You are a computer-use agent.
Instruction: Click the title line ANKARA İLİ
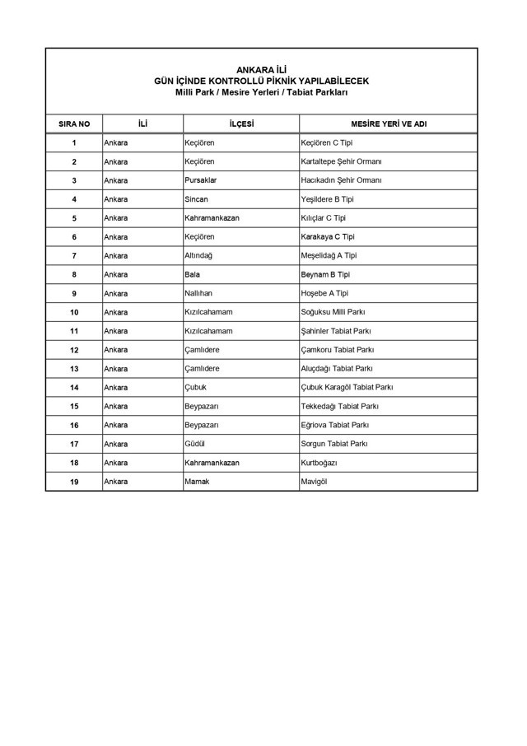click(x=261, y=70)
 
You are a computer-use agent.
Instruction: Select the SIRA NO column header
click(x=74, y=124)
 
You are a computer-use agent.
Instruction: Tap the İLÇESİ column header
click(x=241, y=124)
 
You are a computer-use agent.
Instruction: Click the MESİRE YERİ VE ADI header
click(x=388, y=124)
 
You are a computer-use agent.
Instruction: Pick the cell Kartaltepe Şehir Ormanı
click(x=341, y=161)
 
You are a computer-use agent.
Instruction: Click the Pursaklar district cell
click(x=201, y=180)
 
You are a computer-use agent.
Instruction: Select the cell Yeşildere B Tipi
click(x=327, y=199)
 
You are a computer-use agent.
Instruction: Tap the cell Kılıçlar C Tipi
click(x=324, y=218)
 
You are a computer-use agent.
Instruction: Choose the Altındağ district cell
click(x=198, y=255)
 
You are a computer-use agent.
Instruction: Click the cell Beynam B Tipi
click(x=326, y=274)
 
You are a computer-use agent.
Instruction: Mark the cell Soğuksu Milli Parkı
click(x=333, y=312)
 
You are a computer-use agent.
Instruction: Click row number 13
click(x=74, y=369)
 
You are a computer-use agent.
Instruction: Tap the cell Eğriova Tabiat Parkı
click(x=335, y=425)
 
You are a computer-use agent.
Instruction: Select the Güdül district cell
click(x=195, y=444)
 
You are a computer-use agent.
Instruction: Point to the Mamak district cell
click(x=197, y=482)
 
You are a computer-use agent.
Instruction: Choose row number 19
click(x=74, y=482)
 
